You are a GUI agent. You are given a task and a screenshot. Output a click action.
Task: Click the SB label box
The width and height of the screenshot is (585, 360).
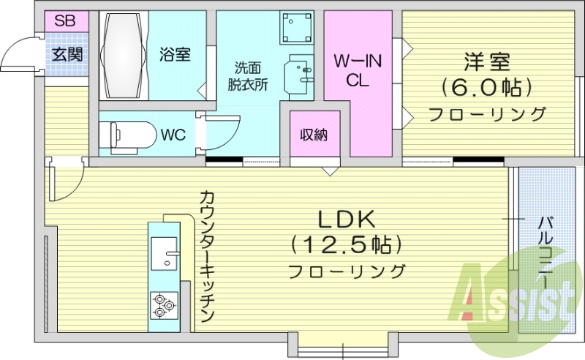pos(64,20)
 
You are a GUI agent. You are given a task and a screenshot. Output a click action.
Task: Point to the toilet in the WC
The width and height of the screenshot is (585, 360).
pos(132,134)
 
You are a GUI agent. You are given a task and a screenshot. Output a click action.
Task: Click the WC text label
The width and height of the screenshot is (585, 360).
pos(173,135)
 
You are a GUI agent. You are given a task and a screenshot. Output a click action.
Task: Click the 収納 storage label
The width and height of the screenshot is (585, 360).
pos(313,135)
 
